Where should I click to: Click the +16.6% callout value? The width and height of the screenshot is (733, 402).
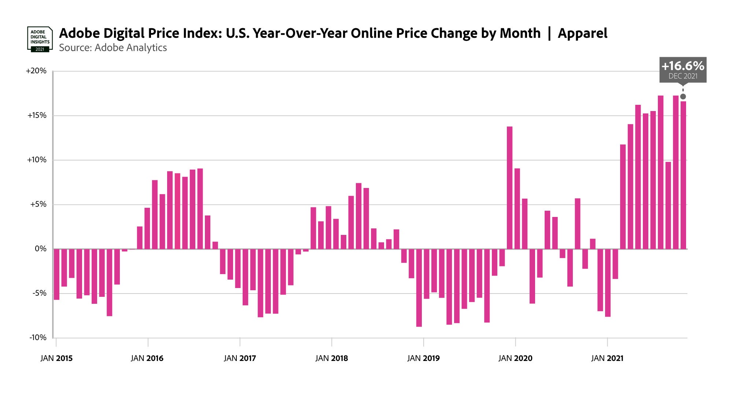point(683,66)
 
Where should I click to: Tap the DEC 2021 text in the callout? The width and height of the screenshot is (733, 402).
point(683,76)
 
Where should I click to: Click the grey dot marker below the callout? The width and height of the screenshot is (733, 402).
point(683,97)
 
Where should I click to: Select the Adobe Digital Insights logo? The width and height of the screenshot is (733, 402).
point(40,39)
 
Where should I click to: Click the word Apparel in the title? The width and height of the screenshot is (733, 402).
point(582,33)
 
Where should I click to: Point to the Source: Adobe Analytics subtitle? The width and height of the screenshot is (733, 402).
point(113,48)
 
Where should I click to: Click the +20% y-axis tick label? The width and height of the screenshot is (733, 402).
point(36,71)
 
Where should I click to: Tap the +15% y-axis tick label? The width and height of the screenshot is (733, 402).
point(37,115)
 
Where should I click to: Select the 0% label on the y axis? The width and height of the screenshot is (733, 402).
point(41,249)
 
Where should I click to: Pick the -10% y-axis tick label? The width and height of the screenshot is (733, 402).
point(38,338)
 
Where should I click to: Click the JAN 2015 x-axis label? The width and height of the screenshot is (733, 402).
point(56,358)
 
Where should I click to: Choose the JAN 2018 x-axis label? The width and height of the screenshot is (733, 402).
point(332,358)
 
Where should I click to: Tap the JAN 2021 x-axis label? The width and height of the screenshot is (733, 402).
point(607,358)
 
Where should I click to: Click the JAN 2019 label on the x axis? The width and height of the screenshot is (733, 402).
point(423,358)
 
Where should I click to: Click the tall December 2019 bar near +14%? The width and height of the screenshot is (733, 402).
point(509,188)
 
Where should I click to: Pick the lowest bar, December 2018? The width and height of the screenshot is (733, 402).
point(419,288)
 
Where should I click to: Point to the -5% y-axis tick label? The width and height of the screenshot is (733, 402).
point(39,293)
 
